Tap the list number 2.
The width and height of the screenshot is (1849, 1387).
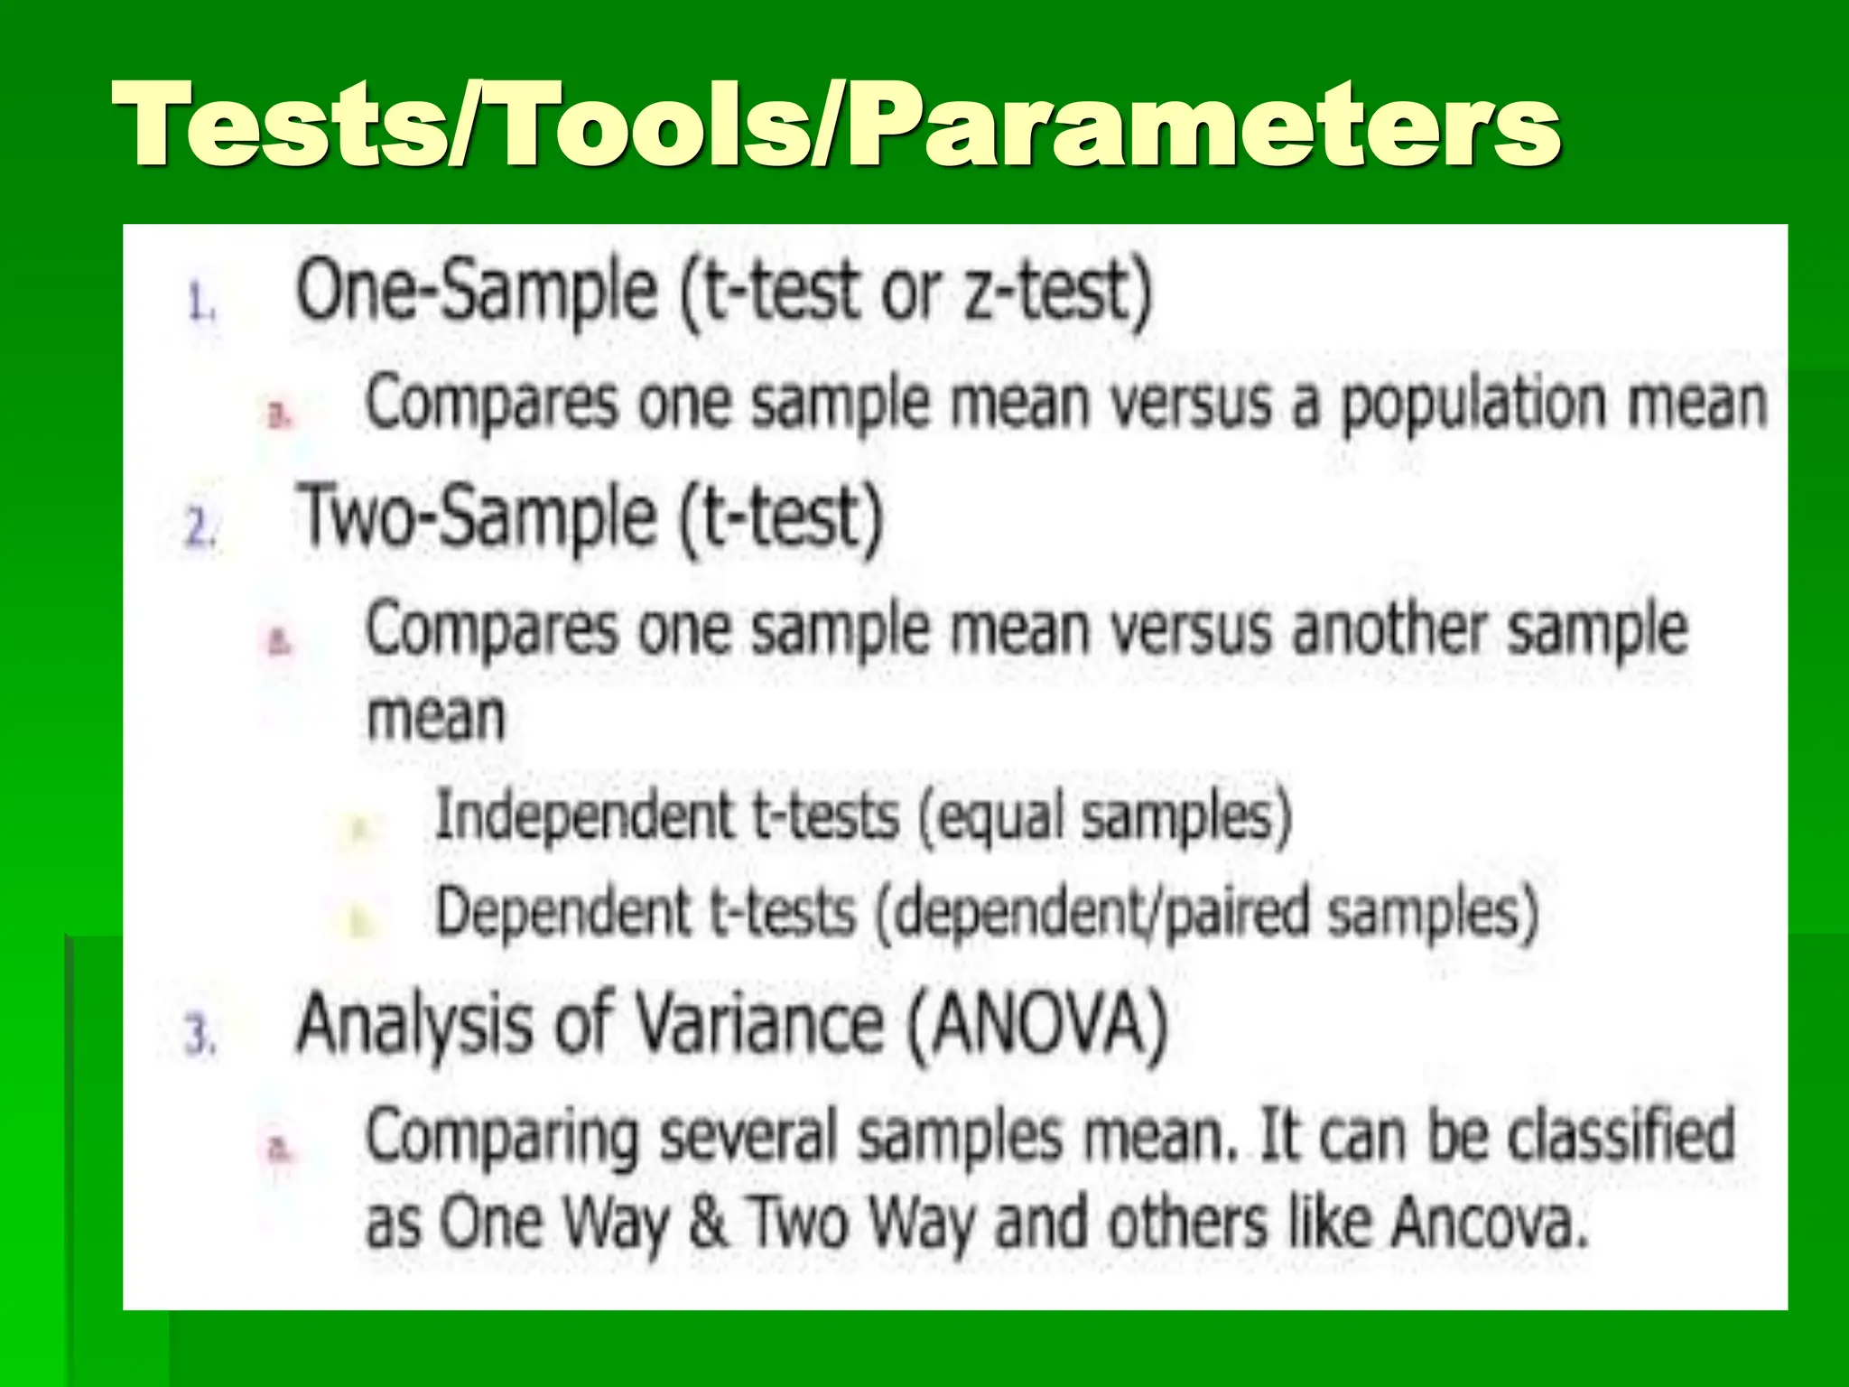point(200,526)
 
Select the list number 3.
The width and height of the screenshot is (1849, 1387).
point(200,1034)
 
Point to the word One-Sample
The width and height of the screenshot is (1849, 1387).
point(477,291)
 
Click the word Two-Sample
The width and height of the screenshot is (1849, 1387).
point(477,517)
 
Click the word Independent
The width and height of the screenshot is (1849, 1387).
point(584,815)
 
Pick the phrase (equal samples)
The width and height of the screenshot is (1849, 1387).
point(1105,816)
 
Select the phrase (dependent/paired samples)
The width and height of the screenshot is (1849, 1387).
point(1207,912)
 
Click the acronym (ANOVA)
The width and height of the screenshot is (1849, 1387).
point(1036,1026)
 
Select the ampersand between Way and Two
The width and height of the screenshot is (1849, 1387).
point(709,1223)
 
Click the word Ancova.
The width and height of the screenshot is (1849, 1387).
point(1489,1223)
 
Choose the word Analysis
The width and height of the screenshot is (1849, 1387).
point(414,1026)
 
